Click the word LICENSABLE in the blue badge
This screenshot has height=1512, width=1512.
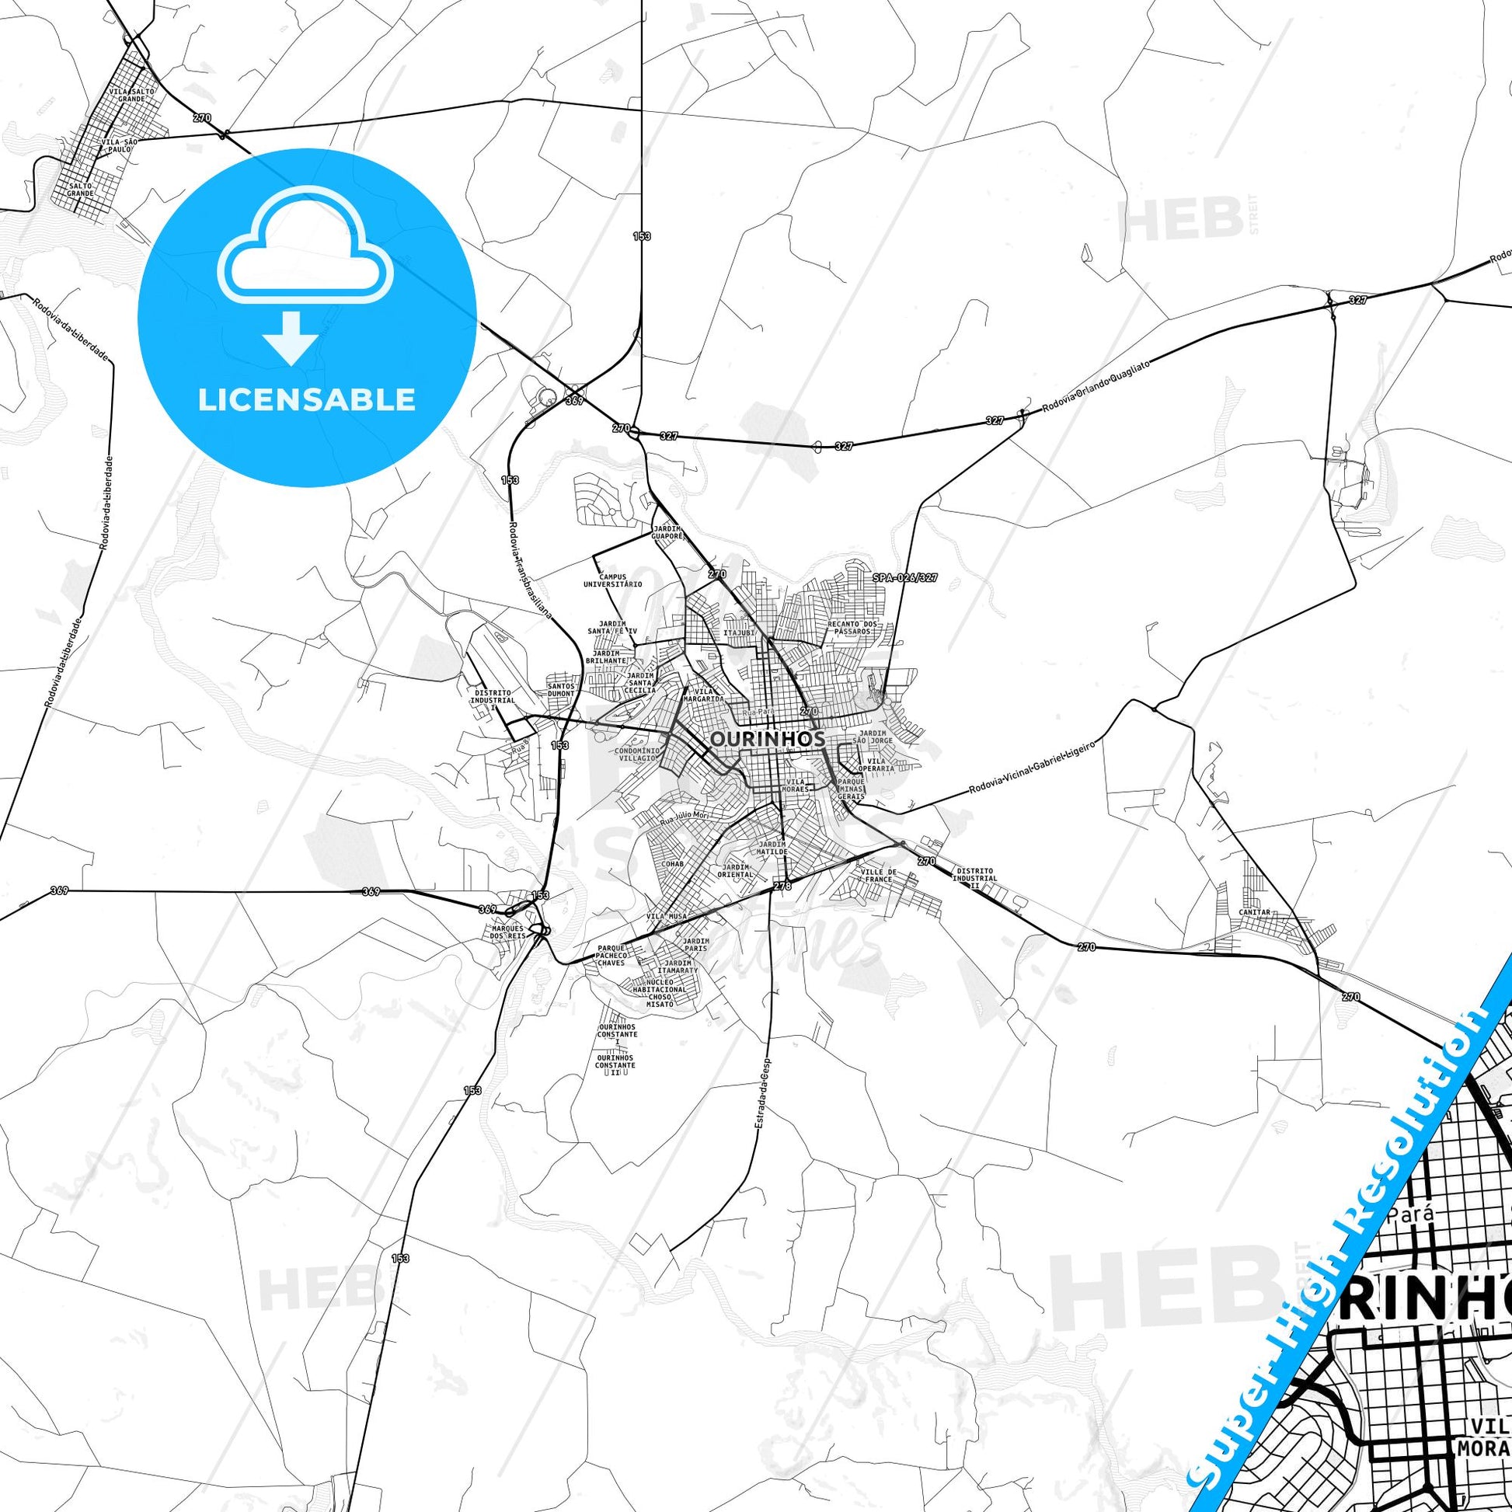pos(307,400)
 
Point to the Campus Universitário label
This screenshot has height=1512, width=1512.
pos(613,580)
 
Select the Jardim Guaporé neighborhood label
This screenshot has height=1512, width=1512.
pos(668,533)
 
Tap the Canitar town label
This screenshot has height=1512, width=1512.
pos(1255,912)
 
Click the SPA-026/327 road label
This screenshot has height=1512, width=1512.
pos(904,577)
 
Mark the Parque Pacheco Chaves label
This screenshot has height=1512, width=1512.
pos(611,955)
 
